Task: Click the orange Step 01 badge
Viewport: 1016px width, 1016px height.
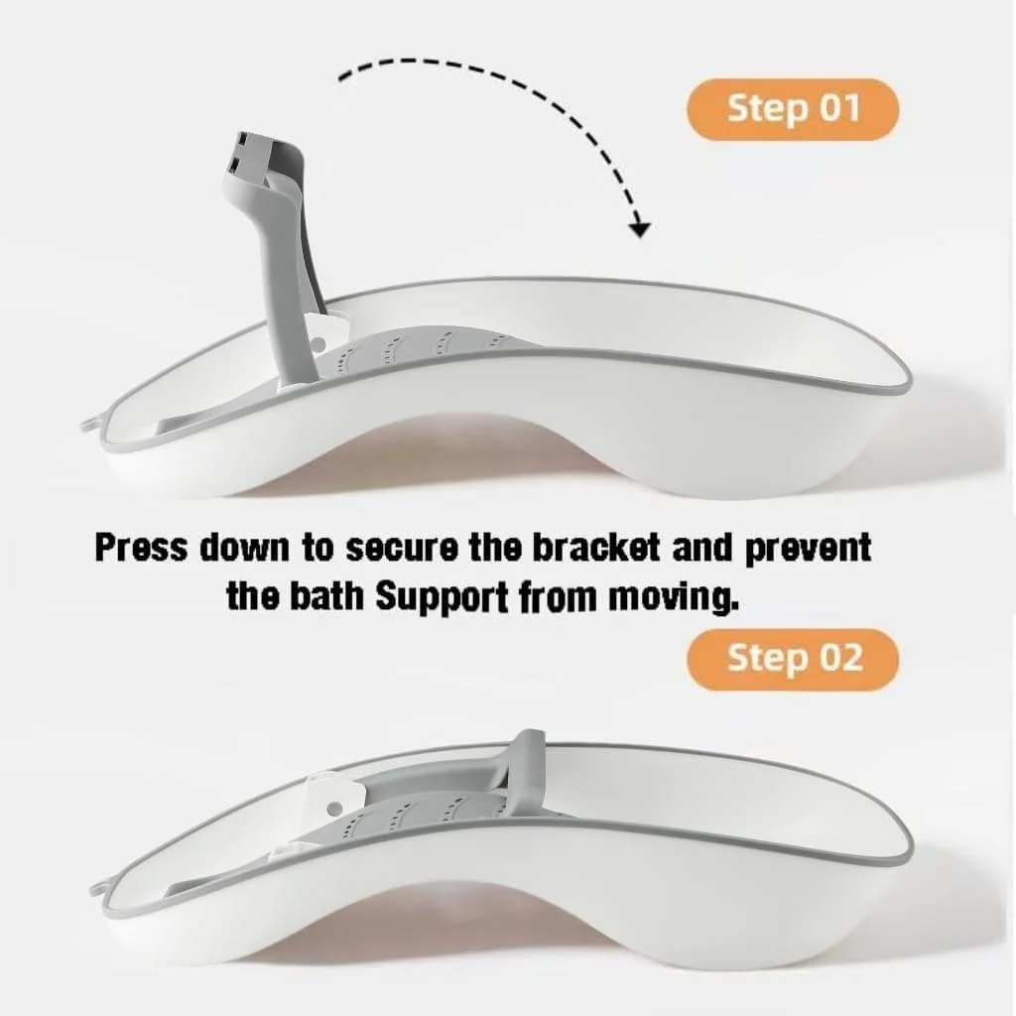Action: [x=793, y=109]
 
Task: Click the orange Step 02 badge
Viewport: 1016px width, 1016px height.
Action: [x=793, y=659]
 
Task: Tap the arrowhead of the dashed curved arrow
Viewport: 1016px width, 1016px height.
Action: [x=640, y=229]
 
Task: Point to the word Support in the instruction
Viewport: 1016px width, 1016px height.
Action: [x=442, y=598]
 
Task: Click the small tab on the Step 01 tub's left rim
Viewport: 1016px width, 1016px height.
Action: [x=90, y=425]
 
